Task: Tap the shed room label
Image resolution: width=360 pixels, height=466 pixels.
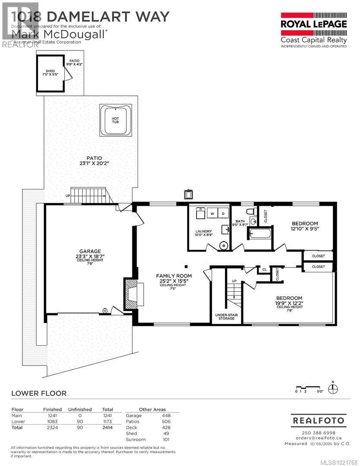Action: tap(50, 73)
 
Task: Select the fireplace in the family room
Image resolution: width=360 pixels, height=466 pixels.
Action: tap(131, 294)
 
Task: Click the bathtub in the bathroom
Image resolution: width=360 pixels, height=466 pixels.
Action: tap(260, 234)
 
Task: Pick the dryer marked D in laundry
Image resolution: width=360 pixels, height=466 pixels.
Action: tap(223, 213)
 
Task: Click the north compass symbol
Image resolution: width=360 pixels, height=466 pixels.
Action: tap(332, 389)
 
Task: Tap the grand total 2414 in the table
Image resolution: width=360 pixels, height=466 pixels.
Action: tap(107, 427)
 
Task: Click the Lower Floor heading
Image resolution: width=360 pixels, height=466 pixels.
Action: tap(39, 393)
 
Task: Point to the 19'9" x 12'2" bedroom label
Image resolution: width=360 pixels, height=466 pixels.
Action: tap(289, 301)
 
